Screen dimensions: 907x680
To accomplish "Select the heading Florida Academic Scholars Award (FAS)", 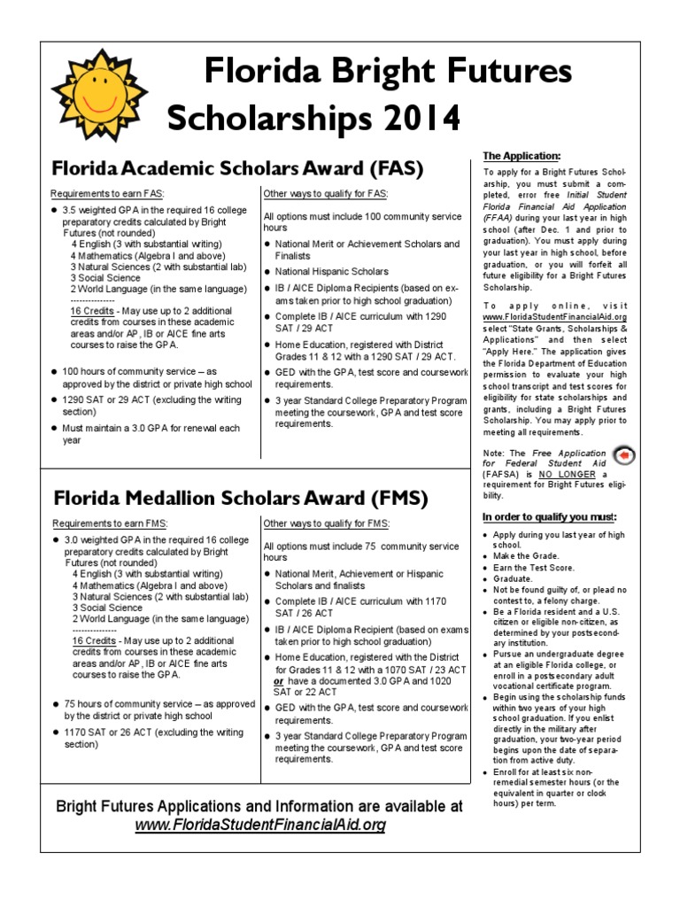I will [238, 167].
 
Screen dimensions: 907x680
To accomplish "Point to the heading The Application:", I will [522, 156].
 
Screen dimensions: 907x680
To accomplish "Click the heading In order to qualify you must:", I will [549, 516].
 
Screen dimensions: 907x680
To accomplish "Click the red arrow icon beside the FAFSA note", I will [623, 455].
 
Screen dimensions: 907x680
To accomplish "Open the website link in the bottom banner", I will [260, 826].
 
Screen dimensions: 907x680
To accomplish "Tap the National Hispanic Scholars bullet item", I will [331, 271].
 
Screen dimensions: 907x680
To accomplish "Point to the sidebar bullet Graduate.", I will [514, 578].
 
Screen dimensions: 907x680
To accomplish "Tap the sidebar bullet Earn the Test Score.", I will [534, 568].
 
